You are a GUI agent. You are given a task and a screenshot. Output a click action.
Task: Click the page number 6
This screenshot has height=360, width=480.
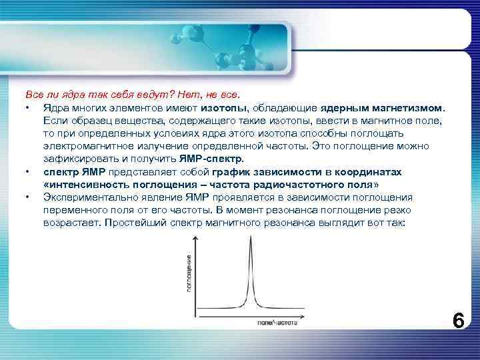pyautogui.click(x=458, y=320)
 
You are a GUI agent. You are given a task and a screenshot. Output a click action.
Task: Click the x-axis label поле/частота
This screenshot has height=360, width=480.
pyautogui.click(x=277, y=323)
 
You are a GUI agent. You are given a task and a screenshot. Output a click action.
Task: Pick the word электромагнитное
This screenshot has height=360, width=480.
pyautogui.click(x=82, y=146)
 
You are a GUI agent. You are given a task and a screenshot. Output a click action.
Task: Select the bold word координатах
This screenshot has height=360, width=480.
pyautogui.click(x=369, y=171)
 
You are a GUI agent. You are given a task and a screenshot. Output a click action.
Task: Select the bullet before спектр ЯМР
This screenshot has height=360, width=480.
pyautogui.click(x=27, y=171)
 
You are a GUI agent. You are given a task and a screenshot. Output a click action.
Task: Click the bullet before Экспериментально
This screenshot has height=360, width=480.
pyautogui.click(x=27, y=197)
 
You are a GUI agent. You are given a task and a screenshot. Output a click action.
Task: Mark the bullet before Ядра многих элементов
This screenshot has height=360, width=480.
pyautogui.click(x=27, y=107)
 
